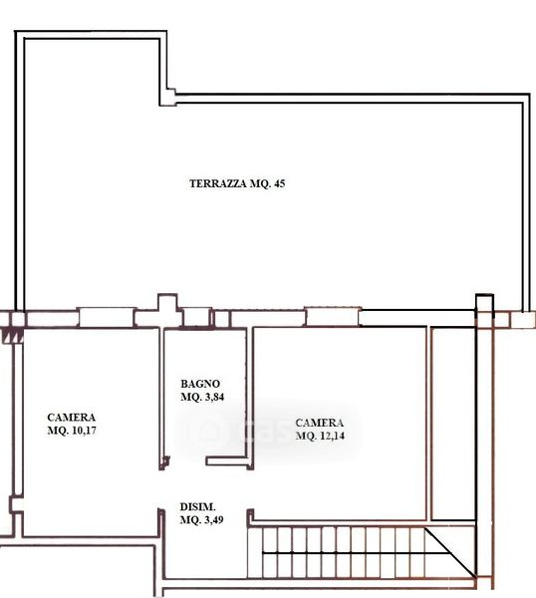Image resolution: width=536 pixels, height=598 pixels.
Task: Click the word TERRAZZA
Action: pyautogui.click(x=218, y=183)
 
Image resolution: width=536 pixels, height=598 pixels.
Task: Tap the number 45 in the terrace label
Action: pyautogui.click(x=279, y=183)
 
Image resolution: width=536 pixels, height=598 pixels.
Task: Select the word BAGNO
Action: pyautogui.click(x=200, y=384)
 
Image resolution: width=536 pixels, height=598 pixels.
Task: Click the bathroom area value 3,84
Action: pyautogui.click(x=214, y=397)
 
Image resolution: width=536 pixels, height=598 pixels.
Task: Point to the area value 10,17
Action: pyautogui.click(x=84, y=431)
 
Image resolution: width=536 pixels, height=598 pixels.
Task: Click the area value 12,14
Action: pyautogui.click(x=332, y=436)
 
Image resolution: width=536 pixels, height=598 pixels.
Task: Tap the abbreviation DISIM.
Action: pyautogui.click(x=197, y=507)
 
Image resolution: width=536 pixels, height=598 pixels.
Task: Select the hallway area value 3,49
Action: pyautogui.click(x=214, y=520)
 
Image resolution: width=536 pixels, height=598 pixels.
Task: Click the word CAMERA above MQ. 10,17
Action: pyautogui.click(x=72, y=418)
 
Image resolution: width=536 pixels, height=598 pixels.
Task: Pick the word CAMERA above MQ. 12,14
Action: pyautogui.click(x=320, y=423)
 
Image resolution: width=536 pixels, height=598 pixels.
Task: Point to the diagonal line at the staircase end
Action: pyautogui.click(x=450, y=552)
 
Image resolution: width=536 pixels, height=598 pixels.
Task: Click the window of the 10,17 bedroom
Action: pyautogui.click(x=106, y=318)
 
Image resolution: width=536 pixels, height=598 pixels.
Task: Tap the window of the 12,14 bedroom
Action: pyautogui.click(x=333, y=317)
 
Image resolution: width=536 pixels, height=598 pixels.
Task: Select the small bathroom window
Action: pyautogui.click(x=196, y=317)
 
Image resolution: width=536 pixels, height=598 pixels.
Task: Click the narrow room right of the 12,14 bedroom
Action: pyautogui.click(x=453, y=424)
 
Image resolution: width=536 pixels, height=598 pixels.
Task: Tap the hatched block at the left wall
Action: pyautogui.click(x=13, y=336)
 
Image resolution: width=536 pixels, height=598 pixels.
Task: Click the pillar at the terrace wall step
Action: pyautogui.click(x=167, y=98)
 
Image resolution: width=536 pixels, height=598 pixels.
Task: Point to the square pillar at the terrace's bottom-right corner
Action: pyautogui.click(x=521, y=320)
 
